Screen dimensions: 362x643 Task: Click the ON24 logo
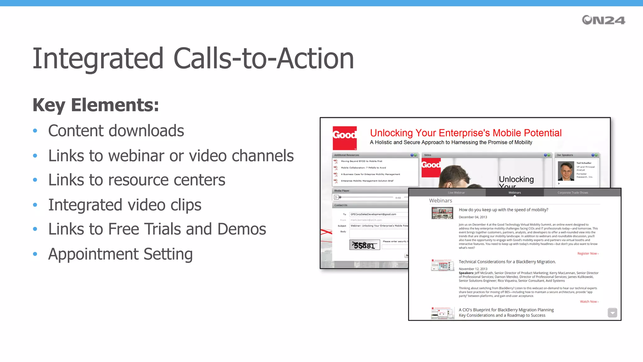(x=603, y=20)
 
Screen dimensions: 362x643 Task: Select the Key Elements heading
(x=96, y=105)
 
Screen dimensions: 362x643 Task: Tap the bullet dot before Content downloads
(x=35, y=131)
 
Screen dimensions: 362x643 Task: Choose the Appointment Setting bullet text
(x=120, y=254)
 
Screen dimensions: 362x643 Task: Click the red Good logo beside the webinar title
(x=344, y=138)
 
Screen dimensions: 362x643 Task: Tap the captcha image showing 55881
(x=365, y=245)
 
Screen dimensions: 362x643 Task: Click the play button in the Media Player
(x=336, y=197)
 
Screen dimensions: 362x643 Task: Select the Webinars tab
(x=515, y=193)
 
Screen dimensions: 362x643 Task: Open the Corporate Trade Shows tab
(x=573, y=193)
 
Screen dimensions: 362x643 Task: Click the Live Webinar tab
(x=456, y=193)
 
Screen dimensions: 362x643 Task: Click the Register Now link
(x=588, y=254)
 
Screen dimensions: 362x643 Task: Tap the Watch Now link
(x=589, y=302)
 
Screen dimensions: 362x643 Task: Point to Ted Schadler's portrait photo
(x=566, y=171)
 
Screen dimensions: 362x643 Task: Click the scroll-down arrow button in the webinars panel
(x=612, y=313)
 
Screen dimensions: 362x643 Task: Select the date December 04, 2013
(x=473, y=217)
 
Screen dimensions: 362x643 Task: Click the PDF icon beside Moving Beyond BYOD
(x=336, y=161)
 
